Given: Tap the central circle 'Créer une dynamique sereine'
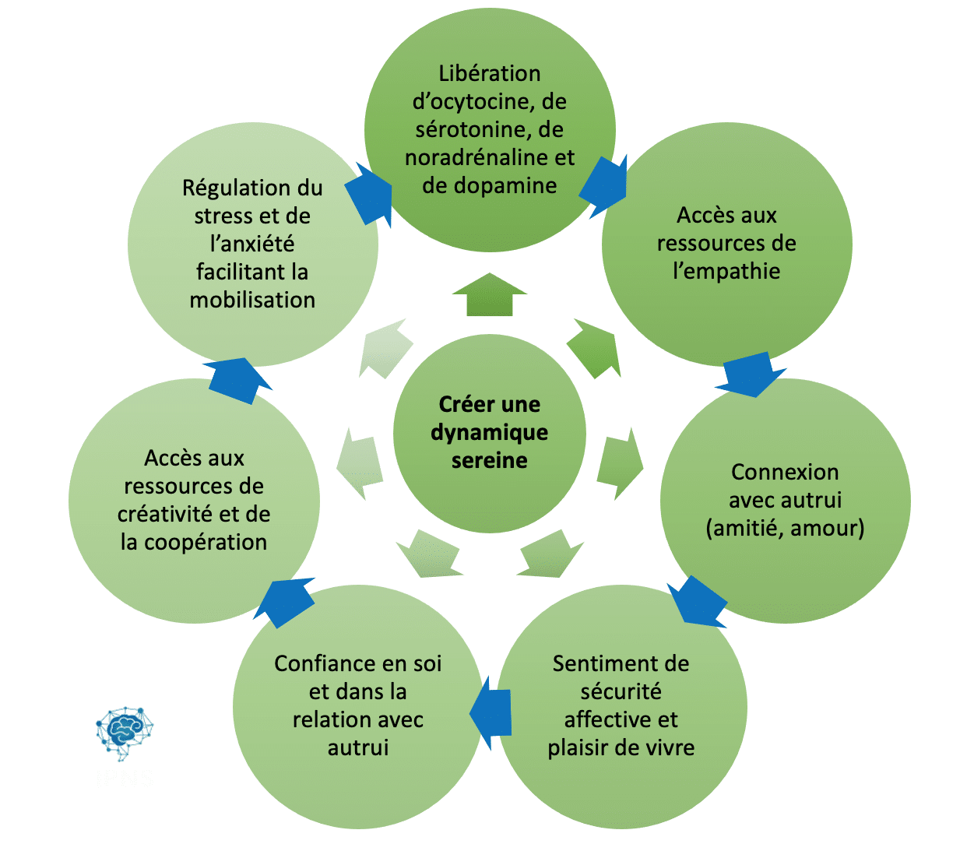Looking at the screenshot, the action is tap(489, 433).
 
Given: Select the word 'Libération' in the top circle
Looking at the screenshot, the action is tap(489, 73).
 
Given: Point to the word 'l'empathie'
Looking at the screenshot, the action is tap(726, 271).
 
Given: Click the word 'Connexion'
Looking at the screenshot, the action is tap(785, 472).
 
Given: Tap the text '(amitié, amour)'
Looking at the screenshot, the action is tap(785, 529).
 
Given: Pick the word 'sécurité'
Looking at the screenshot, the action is tap(621, 692).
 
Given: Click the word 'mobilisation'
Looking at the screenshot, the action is tap(252, 300).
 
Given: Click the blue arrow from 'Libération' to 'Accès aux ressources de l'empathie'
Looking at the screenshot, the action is tap(604, 187).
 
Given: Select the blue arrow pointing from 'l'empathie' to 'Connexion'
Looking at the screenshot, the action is tap(750, 375).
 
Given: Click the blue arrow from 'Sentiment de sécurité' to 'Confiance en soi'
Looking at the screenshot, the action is tap(490, 712).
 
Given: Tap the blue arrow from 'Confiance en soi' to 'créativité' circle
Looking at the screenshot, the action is tap(284, 602).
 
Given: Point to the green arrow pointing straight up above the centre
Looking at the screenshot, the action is tap(489, 294).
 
